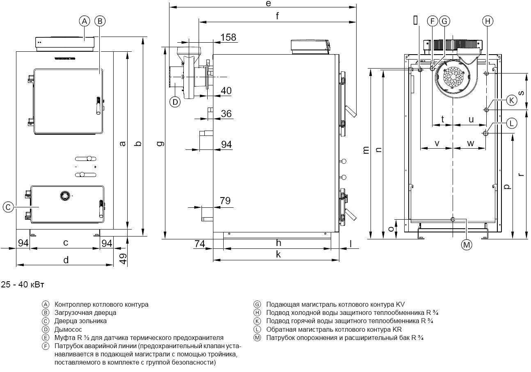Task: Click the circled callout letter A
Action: tap(84, 21)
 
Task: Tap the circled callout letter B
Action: tap(100, 21)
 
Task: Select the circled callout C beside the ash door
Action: tap(8, 207)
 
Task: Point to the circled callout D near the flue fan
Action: tap(175, 101)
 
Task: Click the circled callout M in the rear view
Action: tap(466, 245)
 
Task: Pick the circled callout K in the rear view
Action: tap(511, 100)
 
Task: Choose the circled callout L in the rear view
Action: tap(511, 123)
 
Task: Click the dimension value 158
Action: tap(228, 37)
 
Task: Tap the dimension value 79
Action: tap(225, 201)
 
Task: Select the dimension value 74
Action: tap(199, 244)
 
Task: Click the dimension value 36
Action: tap(227, 114)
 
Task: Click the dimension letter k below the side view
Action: tap(278, 255)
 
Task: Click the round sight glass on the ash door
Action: tap(64, 196)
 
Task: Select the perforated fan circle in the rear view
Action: tap(451, 77)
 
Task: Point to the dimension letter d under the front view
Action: tap(66, 260)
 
